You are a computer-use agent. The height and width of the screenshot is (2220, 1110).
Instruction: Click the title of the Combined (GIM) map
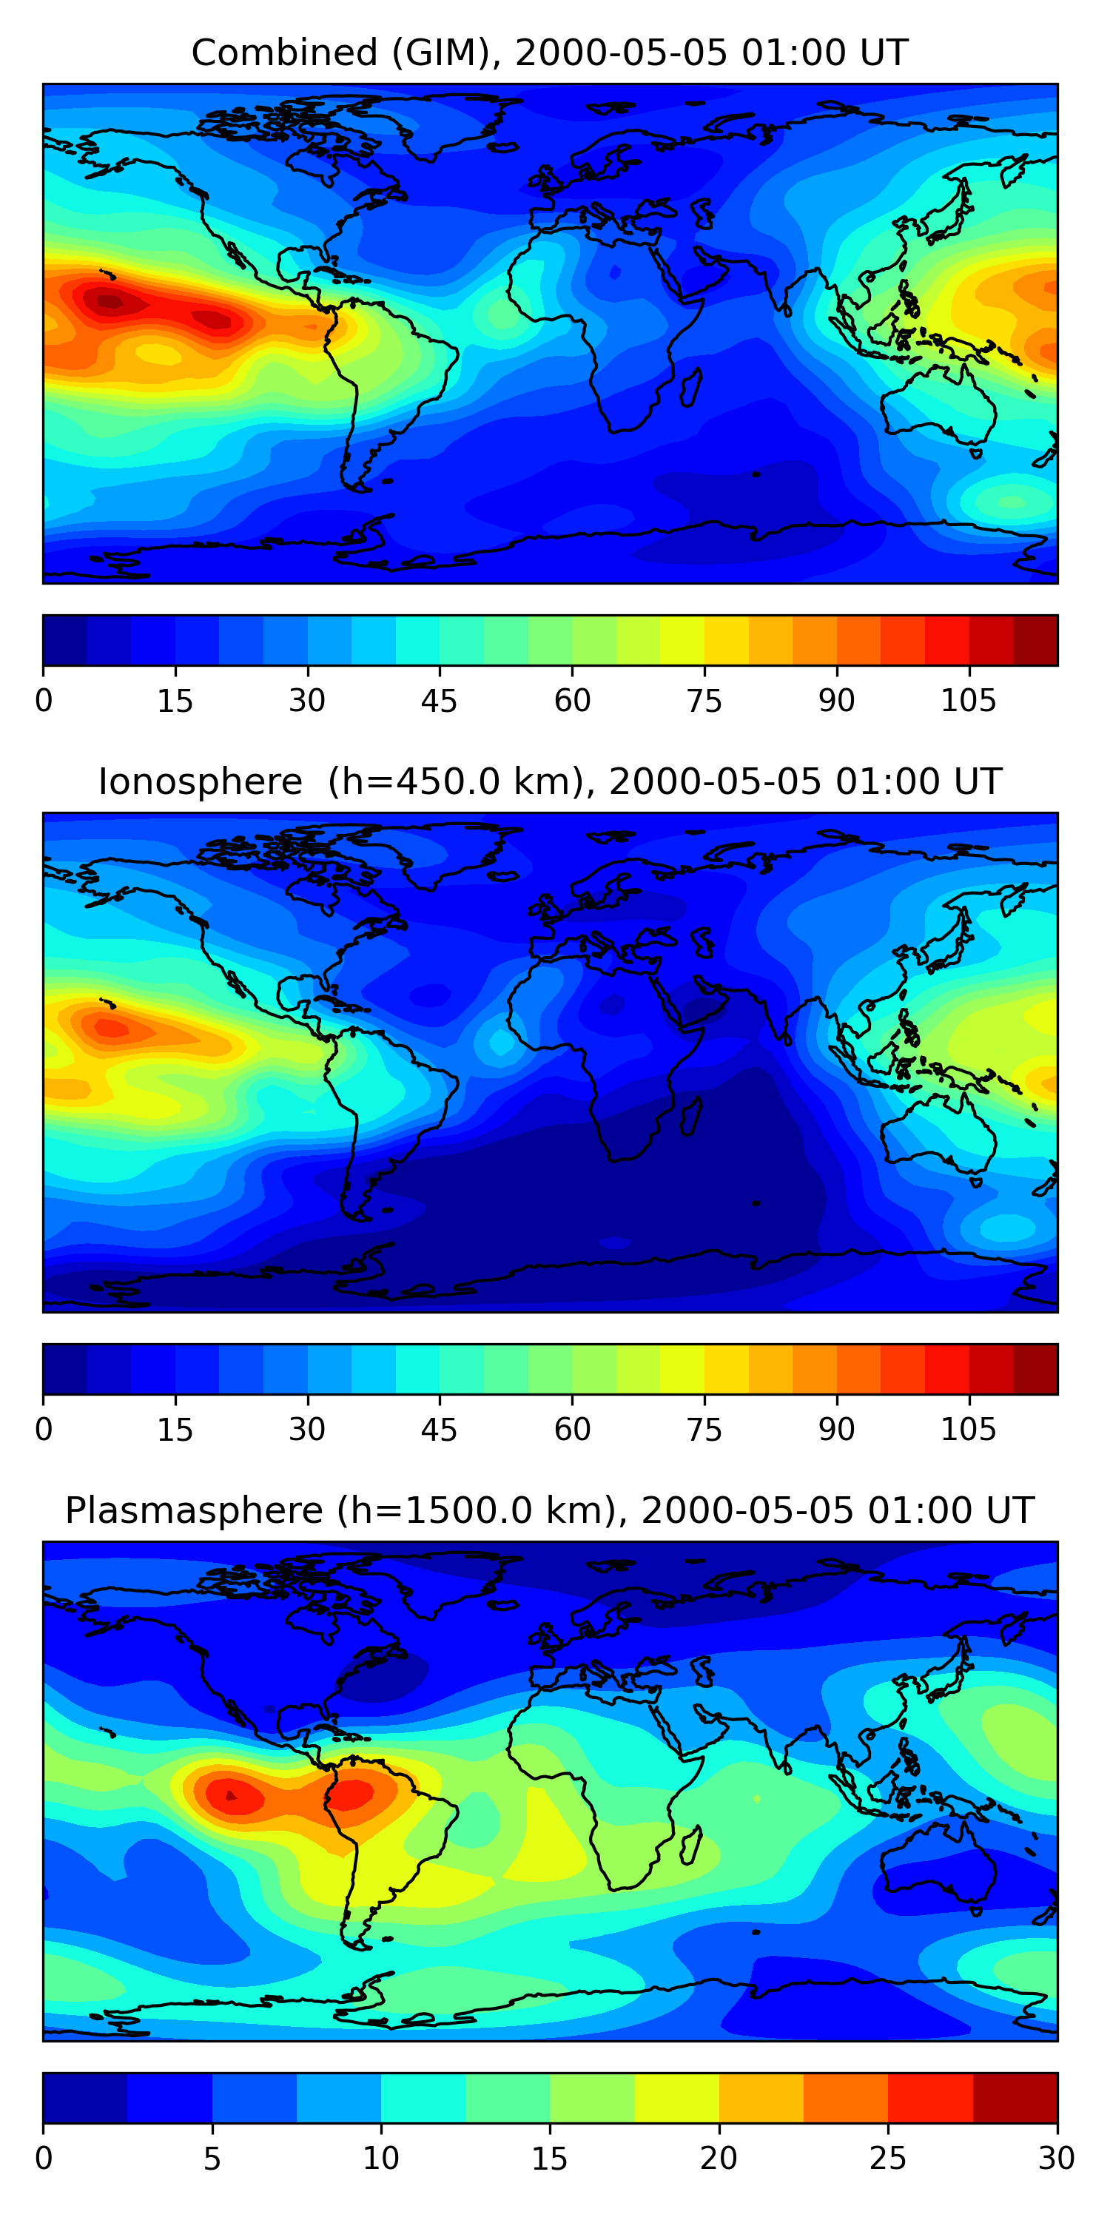point(550,53)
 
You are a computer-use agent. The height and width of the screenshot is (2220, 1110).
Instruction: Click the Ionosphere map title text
point(550,781)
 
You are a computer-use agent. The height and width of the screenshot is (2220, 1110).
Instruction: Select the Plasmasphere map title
point(550,1511)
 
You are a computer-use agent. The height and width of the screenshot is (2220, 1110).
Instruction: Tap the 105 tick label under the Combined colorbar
point(968,701)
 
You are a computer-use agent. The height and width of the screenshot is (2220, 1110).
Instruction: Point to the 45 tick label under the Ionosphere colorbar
point(439,1430)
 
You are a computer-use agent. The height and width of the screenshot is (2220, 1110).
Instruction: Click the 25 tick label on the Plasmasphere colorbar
point(888,2159)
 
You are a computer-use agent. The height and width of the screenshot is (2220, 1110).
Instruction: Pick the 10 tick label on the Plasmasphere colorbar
point(380,2159)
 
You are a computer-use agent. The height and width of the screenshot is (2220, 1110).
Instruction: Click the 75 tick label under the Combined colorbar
point(704,701)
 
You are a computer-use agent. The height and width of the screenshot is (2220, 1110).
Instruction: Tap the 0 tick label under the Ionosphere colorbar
point(44,1430)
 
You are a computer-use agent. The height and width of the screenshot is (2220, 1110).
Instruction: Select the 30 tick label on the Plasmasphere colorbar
point(1056,2159)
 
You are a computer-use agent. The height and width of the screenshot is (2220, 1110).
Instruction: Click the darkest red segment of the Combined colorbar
point(1035,640)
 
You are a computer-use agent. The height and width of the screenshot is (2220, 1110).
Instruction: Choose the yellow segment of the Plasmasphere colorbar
point(676,2099)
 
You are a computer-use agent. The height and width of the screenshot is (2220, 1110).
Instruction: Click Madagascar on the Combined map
point(690,387)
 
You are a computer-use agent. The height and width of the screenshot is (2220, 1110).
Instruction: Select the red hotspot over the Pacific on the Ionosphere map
point(110,1028)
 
